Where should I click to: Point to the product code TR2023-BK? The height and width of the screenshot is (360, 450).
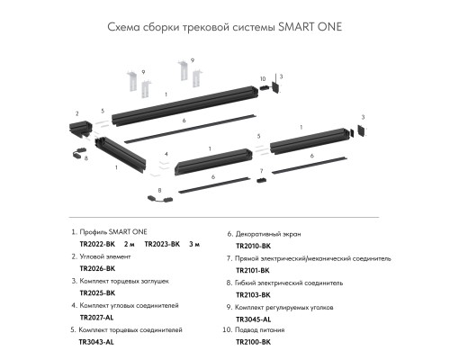163,244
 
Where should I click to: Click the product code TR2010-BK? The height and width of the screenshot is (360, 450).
254,244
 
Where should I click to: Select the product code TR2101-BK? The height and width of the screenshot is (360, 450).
254,268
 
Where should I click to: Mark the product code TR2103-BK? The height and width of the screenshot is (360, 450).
254,292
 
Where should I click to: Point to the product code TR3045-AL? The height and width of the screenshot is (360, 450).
254,318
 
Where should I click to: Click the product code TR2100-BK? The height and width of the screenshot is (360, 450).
254,342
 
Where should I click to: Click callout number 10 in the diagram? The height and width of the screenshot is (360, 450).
263,79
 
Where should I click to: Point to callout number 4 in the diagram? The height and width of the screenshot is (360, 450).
166,154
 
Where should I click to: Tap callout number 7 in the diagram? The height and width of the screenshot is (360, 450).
261,170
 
